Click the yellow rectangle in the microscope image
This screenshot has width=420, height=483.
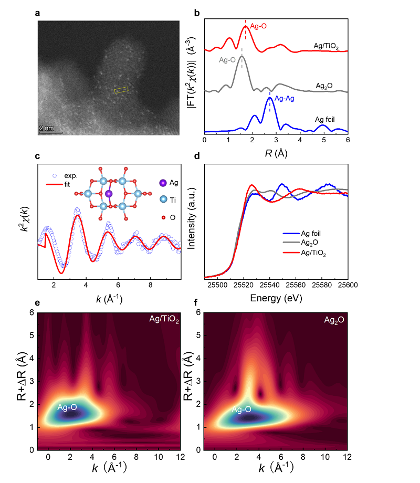click(121, 90)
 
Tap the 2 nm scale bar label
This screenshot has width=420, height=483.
click(46, 128)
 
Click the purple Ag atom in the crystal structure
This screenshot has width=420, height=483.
click(109, 194)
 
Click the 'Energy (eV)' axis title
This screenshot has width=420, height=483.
click(276, 298)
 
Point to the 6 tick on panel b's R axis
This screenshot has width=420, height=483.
click(348, 140)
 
